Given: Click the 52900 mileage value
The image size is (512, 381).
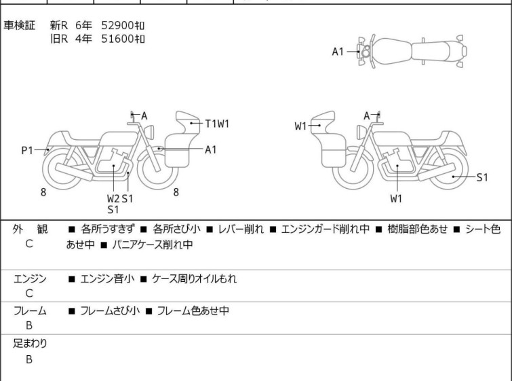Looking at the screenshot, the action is point(123,26).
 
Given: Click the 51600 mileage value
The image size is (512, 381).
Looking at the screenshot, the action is point(123,39).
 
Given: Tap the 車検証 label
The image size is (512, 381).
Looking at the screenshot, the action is point(19,26).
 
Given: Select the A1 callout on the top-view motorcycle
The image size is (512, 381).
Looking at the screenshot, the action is point(338,52).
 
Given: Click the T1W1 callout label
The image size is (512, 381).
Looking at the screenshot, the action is point(217,124).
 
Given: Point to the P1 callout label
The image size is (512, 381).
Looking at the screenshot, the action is point(27,151).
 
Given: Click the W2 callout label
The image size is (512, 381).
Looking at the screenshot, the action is point(113,198).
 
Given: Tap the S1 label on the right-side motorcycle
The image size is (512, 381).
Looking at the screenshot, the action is point(482,177).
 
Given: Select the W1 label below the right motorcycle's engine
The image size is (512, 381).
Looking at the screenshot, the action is point(396,198).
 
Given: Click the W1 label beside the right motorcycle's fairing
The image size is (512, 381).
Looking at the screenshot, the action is point(300,126).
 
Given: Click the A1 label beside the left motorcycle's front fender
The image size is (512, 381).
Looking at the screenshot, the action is point(211,150).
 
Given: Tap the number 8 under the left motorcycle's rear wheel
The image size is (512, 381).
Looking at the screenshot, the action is point(43,192).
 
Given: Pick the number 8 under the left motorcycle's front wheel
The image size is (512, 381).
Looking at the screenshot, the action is point(176,192).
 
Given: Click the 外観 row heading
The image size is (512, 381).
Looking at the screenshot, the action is point(30,230).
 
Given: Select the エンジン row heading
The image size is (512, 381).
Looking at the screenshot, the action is point(30,279).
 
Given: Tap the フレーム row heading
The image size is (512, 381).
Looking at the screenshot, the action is point(30,311).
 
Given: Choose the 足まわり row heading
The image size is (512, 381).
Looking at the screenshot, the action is point(30,344).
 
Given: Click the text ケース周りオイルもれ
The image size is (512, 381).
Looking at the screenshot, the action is point(194,279).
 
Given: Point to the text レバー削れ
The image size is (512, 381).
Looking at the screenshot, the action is point(241,230).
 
